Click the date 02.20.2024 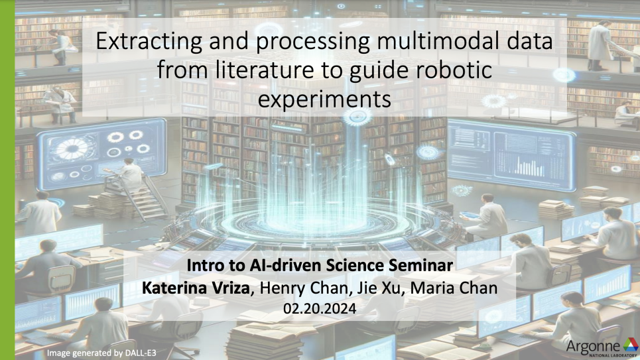point(320,308)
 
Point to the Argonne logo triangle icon point(629,345)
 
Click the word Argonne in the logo point(592,345)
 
